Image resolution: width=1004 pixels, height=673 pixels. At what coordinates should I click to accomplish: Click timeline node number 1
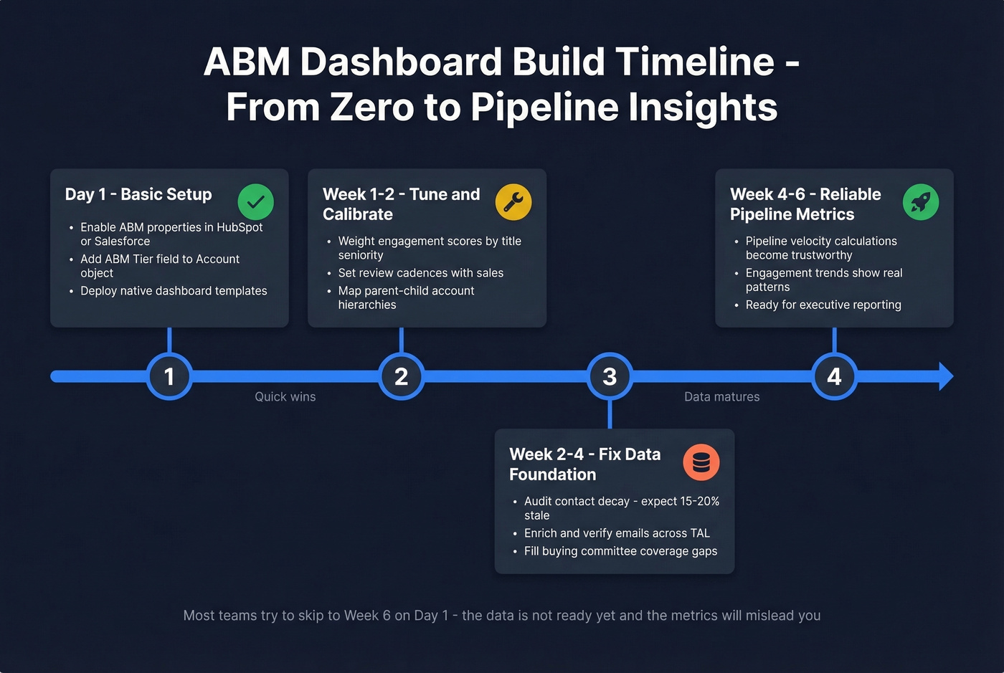(x=169, y=376)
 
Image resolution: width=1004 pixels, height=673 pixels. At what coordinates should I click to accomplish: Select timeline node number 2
(x=401, y=376)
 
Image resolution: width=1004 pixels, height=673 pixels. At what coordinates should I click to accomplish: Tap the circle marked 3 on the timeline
(x=610, y=376)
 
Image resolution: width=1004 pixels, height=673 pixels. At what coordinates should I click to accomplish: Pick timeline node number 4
(x=834, y=376)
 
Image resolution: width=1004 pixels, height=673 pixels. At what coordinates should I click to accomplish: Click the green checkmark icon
(x=255, y=202)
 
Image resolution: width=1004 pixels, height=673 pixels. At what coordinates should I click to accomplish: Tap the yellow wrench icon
(x=513, y=202)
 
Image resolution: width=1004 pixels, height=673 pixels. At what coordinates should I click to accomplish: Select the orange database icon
(x=701, y=462)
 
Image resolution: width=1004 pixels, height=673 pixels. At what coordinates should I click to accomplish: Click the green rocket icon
(x=921, y=202)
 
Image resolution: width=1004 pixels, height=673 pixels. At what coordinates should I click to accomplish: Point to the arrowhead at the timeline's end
(x=946, y=376)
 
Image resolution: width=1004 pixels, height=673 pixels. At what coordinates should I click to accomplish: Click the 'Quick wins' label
(x=285, y=397)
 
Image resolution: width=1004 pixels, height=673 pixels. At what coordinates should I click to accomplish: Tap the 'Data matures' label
(x=721, y=397)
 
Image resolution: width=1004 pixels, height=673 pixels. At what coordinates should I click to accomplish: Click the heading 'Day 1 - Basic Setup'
(x=138, y=194)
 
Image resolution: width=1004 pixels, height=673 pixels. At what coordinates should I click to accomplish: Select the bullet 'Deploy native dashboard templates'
(x=174, y=291)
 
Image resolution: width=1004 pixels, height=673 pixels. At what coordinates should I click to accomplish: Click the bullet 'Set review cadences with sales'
(x=421, y=273)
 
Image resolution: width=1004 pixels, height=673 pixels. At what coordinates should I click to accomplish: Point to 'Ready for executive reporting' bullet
(x=823, y=305)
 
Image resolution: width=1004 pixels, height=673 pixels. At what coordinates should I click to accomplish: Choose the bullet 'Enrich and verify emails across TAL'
(x=617, y=533)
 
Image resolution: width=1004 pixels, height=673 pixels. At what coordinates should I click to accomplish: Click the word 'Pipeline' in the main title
(x=544, y=107)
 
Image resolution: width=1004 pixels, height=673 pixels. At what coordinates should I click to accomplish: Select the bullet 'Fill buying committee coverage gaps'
(x=620, y=551)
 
